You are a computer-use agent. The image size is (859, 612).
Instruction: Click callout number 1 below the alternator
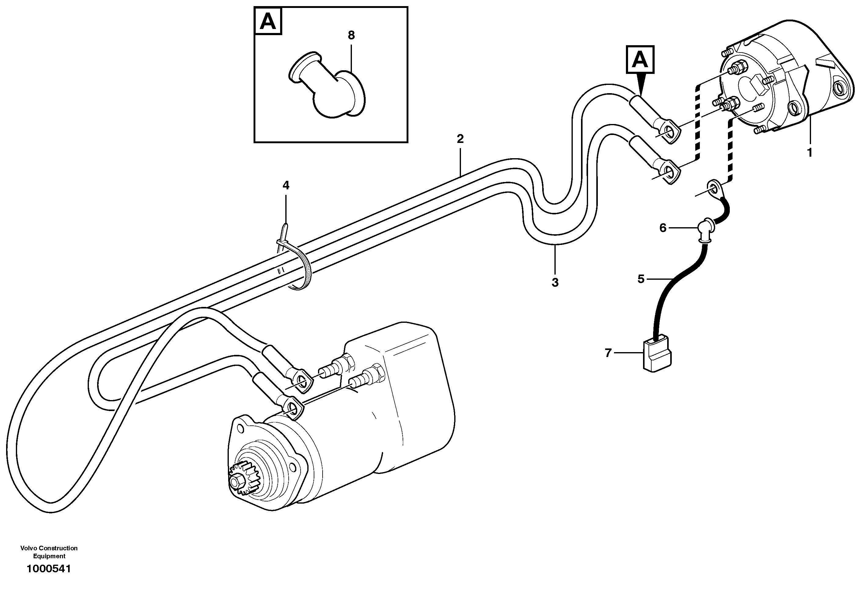(809, 153)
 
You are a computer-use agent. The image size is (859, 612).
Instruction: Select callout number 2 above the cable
(460, 139)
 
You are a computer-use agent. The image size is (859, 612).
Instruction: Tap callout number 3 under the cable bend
(555, 282)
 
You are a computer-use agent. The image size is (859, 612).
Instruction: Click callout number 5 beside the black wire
(641, 279)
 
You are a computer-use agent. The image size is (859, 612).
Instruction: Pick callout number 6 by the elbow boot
(663, 228)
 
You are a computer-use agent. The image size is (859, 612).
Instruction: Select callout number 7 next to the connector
(608, 353)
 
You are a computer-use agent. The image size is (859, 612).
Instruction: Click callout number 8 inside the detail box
(351, 35)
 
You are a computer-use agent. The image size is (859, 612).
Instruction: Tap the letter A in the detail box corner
(268, 21)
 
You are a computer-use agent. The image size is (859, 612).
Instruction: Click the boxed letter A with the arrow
(640, 60)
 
